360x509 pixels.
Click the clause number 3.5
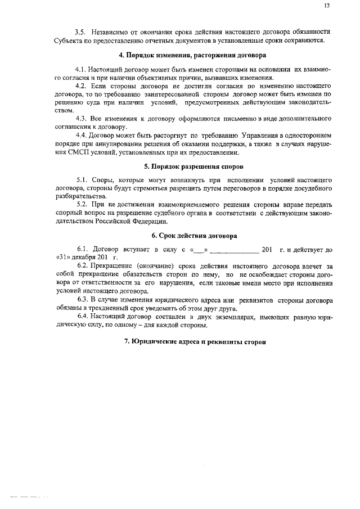coord(83,32)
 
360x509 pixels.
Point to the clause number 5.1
coord(84,180)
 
